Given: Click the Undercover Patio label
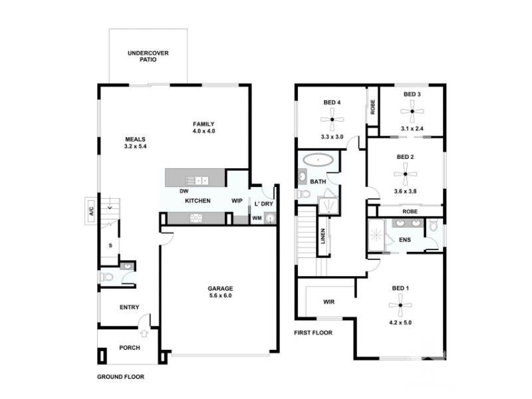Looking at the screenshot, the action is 148,57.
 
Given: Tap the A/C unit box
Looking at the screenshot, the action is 91,211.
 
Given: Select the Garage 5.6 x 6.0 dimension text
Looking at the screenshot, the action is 220,295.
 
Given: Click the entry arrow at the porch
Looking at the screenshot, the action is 144,333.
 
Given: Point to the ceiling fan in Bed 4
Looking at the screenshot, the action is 332,120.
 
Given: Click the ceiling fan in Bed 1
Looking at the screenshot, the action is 400,305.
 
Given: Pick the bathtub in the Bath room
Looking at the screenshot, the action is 318,160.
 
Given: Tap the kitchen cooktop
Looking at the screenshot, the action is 196,218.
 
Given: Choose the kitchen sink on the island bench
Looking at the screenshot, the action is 198,180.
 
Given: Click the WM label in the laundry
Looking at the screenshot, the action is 257,218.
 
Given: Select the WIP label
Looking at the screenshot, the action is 237,201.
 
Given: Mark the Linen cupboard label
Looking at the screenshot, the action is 323,236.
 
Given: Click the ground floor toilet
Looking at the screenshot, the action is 106,277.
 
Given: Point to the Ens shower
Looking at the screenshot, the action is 376,235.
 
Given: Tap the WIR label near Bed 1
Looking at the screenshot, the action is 329,302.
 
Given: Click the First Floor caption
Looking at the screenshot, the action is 313,333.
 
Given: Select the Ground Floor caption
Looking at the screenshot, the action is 121,377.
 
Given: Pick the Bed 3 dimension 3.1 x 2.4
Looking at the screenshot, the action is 412,128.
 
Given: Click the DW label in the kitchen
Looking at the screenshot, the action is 184,192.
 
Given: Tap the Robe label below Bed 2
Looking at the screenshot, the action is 410,211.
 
